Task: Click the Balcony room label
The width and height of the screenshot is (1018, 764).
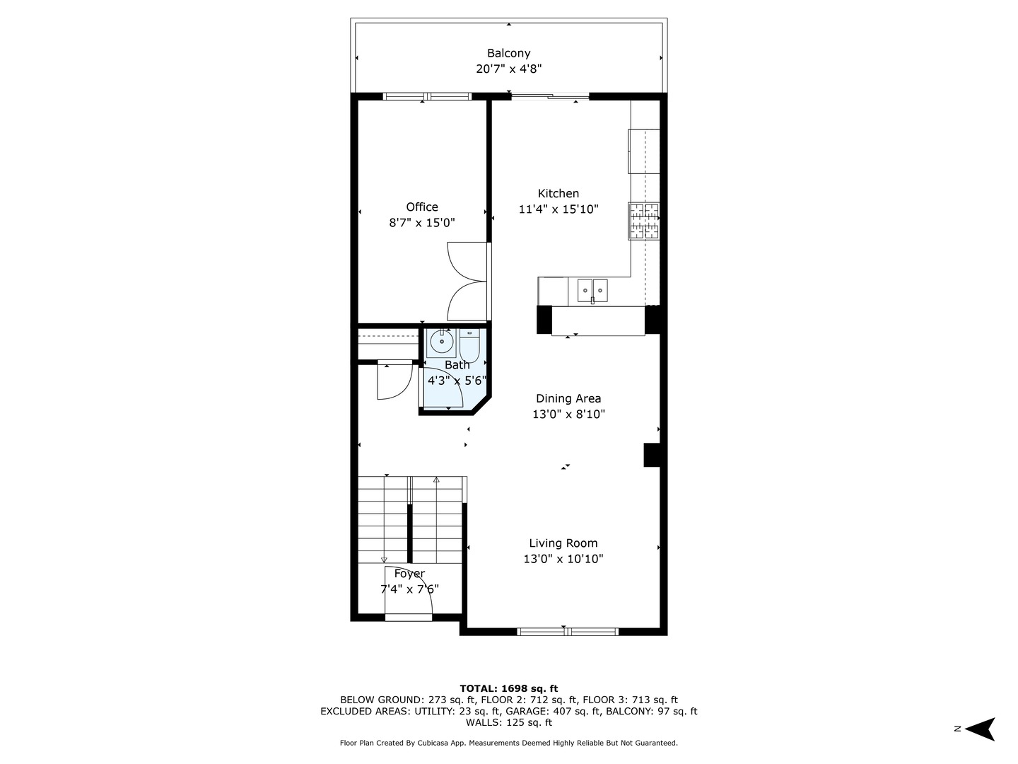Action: (508, 53)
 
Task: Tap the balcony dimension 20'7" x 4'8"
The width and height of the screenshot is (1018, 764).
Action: (508, 69)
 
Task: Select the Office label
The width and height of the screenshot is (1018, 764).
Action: (422, 207)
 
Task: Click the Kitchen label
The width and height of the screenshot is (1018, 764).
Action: (558, 193)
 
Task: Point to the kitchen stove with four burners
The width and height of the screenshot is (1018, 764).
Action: (644, 221)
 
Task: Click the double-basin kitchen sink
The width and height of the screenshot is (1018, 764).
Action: (592, 290)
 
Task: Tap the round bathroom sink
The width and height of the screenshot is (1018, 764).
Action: (442, 342)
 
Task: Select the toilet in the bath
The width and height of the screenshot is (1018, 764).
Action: (469, 345)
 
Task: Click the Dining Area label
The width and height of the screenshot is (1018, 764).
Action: (568, 398)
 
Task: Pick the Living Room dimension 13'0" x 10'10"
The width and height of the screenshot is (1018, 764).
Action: (563, 559)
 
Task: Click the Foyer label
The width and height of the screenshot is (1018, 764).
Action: (409, 574)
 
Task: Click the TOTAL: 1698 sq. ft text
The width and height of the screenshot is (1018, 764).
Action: (508, 688)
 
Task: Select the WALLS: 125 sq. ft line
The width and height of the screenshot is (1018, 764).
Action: (508, 723)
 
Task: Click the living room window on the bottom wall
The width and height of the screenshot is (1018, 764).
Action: (568, 632)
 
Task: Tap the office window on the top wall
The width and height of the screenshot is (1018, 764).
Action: (427, 96)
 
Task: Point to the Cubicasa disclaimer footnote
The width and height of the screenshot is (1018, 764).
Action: (508, 743)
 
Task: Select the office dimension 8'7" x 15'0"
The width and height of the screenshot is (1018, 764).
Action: (422, 223)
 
